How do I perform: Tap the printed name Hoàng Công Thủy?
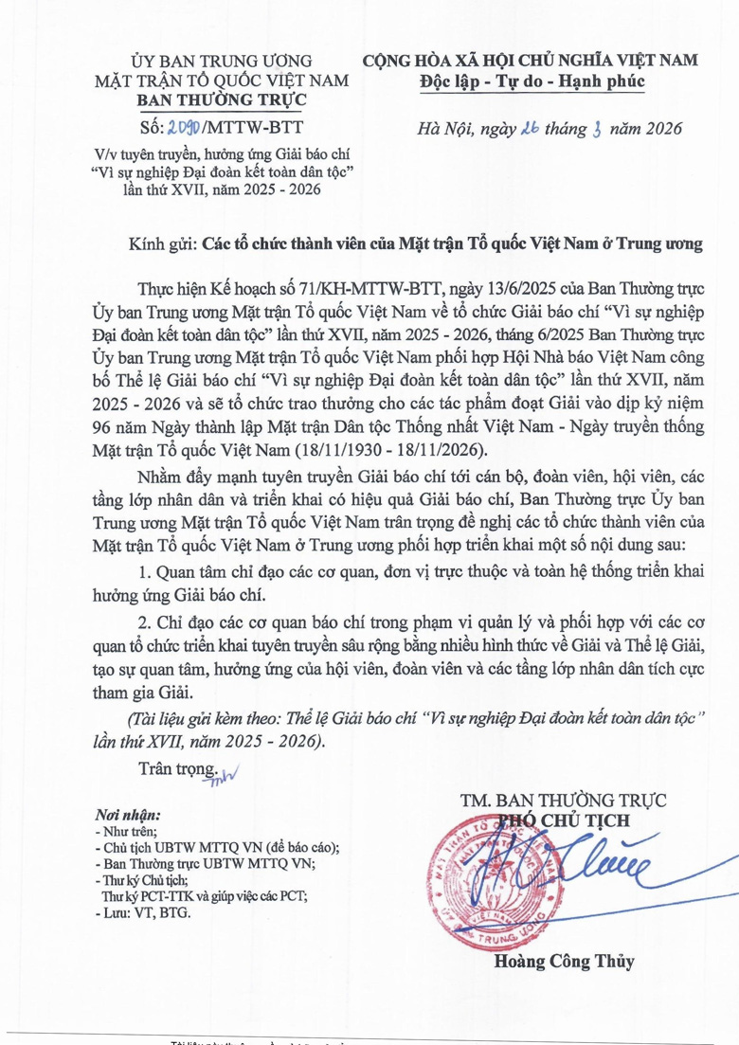click(x=564, y=962)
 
